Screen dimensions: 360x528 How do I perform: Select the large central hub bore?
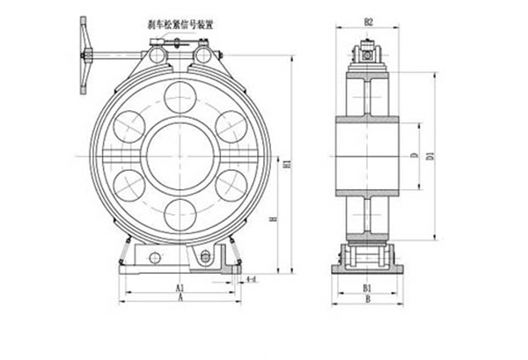click(180, 153)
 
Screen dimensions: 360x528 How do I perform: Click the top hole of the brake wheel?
click(180, 95)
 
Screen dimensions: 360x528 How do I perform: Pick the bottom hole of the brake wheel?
click(180, 211)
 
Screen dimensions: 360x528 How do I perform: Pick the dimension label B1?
click(369, 288)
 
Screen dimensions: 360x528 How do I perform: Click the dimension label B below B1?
click(369, 300)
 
